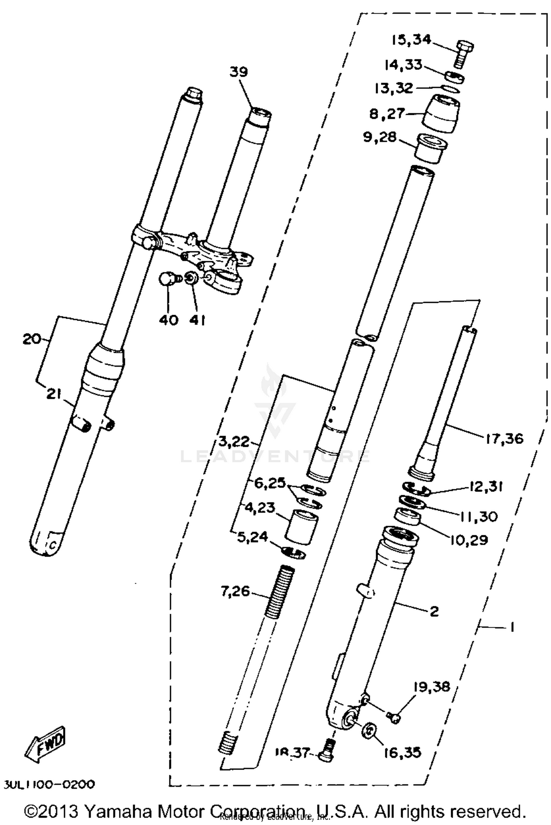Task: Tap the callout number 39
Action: [239, 72]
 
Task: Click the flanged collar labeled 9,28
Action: [430, 148]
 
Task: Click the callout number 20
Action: [32, 339]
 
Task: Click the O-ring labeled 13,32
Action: [450, 88]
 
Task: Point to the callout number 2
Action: [434, 611]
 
